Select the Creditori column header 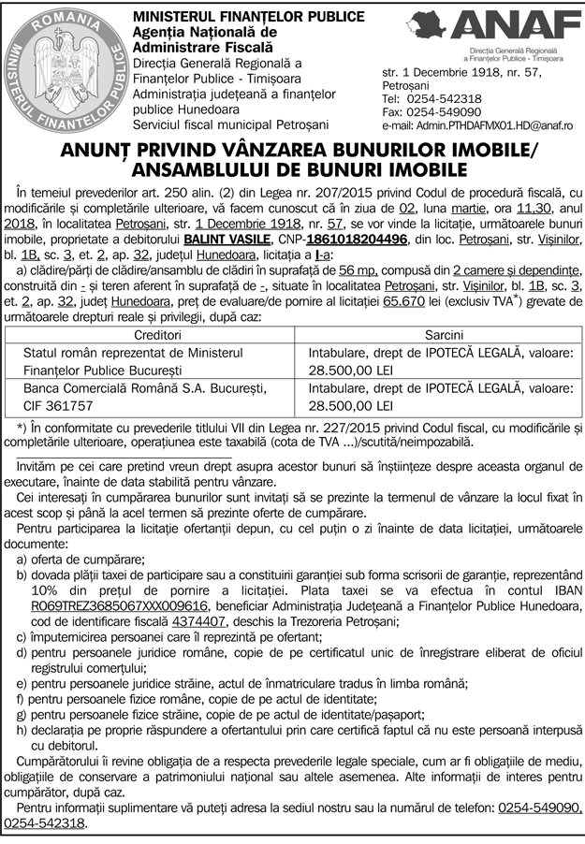[157, 335]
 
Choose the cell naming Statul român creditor [132, 353]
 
